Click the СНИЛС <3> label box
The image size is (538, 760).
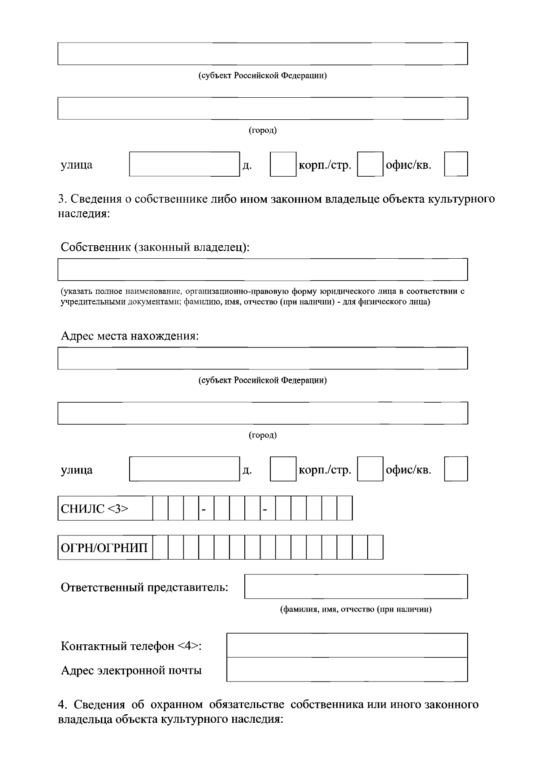(x=105, y=508)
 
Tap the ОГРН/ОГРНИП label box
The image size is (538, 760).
(x=105, y=547)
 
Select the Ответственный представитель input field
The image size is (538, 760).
(x=356, y=586)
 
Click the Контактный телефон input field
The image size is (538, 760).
(x=347, y=645)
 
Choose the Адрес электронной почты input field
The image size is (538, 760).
(x=347, y=669)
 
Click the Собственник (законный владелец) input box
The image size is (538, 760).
(x=263, y=269)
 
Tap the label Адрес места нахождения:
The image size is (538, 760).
(x=130, y=336)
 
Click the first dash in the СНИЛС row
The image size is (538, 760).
(x=204, y=509)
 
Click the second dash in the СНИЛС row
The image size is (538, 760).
(x=265, y=509)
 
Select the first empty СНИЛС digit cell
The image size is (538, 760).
(x=161, y=508)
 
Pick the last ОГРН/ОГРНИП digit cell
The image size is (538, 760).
(x=375, y=547)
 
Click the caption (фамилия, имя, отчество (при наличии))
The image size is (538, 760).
(x=356, y=609)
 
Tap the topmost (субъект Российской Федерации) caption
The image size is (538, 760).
(x=263, y=75)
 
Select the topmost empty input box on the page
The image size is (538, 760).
(x=263, y=53)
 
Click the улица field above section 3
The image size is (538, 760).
(x=184, y=164)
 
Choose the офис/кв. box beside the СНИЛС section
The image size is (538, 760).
(x=456, y=469)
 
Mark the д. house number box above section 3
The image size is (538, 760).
(x=283, y=164)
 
